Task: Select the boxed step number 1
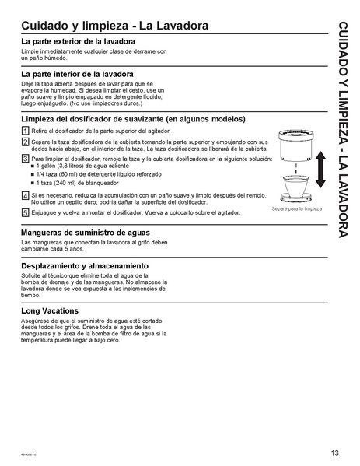pos(25,131)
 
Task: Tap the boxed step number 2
pos(25,142)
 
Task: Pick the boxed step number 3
pos(25,159)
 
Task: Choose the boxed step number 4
pos(25,195)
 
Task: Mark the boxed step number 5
pos(25,212)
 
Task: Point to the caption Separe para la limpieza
pos(296,210)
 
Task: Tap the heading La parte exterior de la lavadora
pos(79,41)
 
